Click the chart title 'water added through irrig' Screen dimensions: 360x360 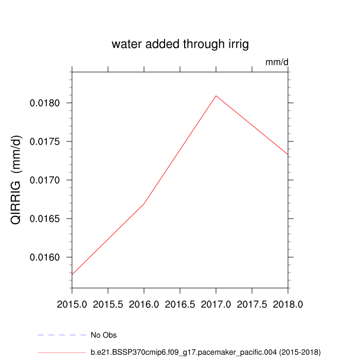point(180,45)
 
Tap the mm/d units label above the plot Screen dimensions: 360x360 point(277,62)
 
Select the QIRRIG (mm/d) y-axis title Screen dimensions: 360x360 point(17,180)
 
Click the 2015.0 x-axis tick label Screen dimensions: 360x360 point(72,304)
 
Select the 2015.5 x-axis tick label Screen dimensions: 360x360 point(108,304)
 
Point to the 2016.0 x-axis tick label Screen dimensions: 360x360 point(144,304)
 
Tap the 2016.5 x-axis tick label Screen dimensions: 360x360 point(180,304)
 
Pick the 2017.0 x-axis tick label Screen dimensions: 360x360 point(216,304)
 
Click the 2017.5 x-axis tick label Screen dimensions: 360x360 point(252,304)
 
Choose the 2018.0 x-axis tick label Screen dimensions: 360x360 point(288,304)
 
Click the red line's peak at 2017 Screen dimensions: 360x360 point(216,96)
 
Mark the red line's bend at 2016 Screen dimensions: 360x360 point(144,204)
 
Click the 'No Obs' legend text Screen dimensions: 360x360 point(103,335)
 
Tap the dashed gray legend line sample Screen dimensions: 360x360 point(62,335)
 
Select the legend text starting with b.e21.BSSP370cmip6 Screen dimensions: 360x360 point(205,352)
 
